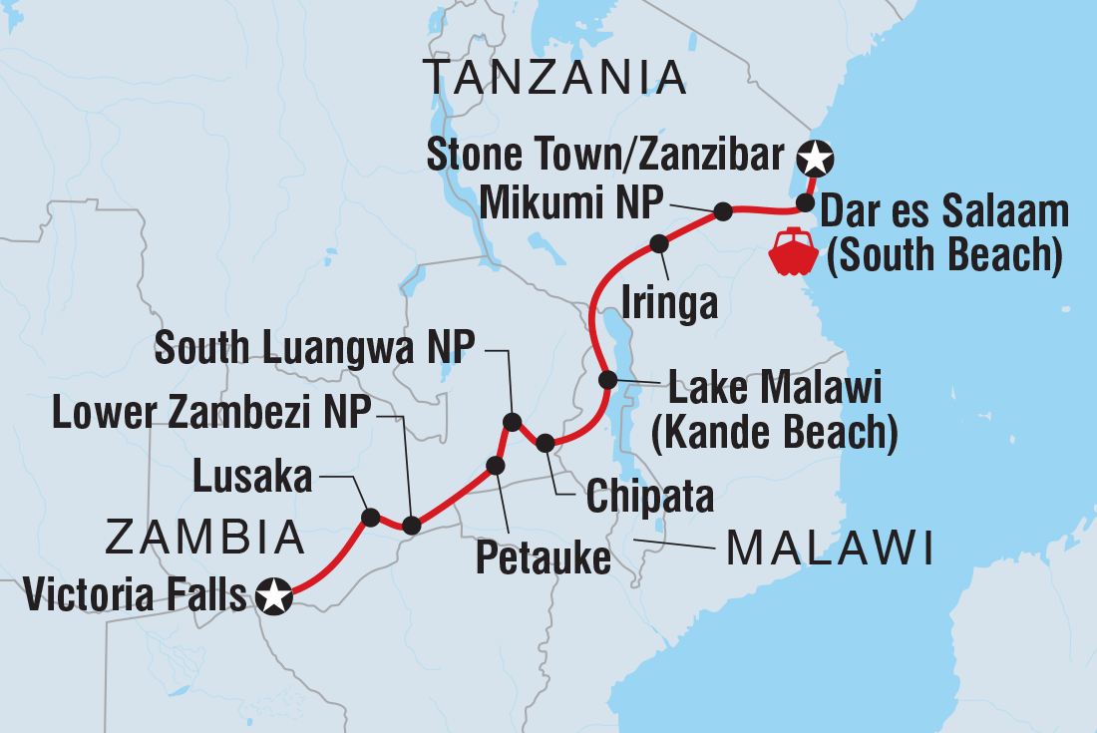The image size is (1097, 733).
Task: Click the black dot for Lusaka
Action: pos(370,517)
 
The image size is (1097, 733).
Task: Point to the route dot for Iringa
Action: pos(658,243)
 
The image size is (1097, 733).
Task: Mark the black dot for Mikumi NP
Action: pos(723,211)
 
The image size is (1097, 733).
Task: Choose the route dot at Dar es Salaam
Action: pos(805,204)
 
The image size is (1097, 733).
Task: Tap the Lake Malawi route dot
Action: pos(606,380)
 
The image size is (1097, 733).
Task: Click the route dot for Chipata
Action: pos(545,442)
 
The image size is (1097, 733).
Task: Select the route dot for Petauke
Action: pos(494,465)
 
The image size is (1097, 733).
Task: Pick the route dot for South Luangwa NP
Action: pos(512,422)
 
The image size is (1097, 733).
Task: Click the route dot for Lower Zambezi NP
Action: pos(410,525)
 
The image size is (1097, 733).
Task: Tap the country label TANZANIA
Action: pos(554,76)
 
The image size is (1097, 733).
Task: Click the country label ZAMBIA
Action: pos(204,538)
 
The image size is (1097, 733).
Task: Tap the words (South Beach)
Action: pos(943,255)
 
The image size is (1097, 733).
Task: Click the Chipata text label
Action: pos(649,495)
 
